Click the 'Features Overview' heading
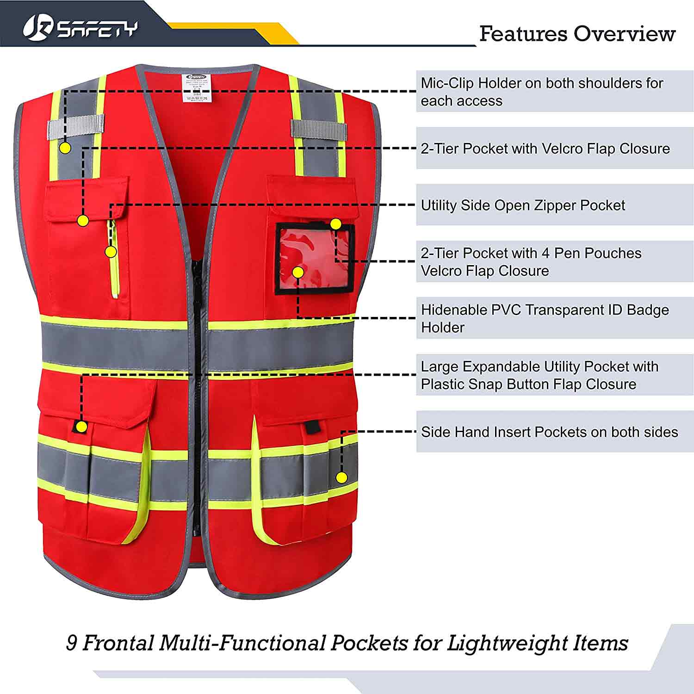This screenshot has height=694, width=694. click(x=577, y=34)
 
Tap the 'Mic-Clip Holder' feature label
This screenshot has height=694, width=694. click(x=541, y=92)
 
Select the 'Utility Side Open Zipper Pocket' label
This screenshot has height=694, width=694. click(x=523, y=205)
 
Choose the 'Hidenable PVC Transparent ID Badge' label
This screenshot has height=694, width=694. click(x=545, y=318)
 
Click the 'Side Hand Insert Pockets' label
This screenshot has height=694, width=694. click(x=549, y=432)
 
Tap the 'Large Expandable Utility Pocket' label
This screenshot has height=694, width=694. click(x=539, y=375)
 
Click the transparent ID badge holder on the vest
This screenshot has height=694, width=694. click(x=315, y=259)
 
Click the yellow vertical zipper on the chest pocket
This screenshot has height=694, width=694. click(x=114, y=259)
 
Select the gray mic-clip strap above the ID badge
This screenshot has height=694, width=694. click(x=318, y=128)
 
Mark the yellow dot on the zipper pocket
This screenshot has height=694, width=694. click(x=111, y=252)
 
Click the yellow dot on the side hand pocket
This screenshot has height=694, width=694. click(x=341, y=478)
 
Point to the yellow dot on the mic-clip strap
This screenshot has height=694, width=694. click(x=65, y=148)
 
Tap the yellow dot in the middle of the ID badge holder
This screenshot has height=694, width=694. click(x=298, y=273)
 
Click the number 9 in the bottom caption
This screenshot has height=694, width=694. click(x=72, y=643)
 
